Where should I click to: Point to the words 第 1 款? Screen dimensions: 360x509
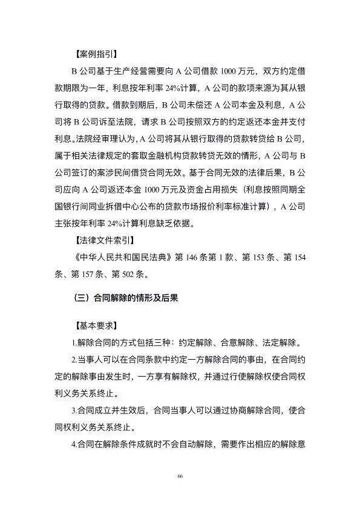(x=227, y=259)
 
